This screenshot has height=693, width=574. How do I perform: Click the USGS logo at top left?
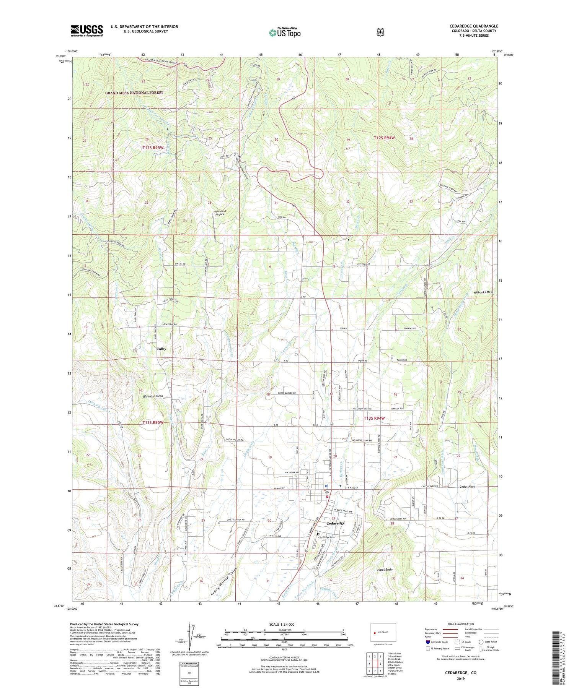coord(86,31)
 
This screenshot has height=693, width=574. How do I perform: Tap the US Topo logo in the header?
coord(285,32)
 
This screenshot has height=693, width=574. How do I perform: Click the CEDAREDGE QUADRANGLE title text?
coord(474,26)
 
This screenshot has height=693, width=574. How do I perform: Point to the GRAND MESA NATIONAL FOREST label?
coord(134,93)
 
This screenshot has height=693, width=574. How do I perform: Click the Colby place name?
coord(161,349)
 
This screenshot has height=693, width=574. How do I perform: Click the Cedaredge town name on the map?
coord(335,523)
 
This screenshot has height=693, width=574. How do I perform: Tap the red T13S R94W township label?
coord(374,418)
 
